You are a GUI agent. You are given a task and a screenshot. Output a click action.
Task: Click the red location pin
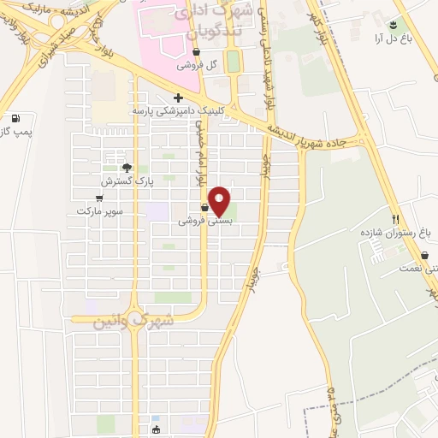pos(220,201)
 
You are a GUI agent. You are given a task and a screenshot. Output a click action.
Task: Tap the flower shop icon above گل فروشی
pos(196,51)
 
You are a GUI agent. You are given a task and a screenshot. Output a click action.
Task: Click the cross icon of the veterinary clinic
pos(178,98)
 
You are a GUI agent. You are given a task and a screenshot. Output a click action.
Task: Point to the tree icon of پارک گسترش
pos(127,168)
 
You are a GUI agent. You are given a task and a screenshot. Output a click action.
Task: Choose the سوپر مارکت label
pos(100,210)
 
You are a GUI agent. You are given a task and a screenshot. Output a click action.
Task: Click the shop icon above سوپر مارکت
pos(100,198)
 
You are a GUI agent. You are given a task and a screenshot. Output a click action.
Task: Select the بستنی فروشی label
pos(205,220)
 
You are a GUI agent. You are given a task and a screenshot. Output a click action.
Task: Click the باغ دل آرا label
pos(392,38)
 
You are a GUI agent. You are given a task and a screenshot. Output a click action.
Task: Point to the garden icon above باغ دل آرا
pos(393,25)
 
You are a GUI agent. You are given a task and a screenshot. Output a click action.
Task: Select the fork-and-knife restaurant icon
pos(395,219)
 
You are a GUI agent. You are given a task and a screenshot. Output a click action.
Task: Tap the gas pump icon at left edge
pos(15,118)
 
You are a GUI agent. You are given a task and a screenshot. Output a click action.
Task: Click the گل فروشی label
pos(196,65)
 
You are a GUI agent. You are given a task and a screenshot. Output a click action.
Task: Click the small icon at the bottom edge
pos(155,429)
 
